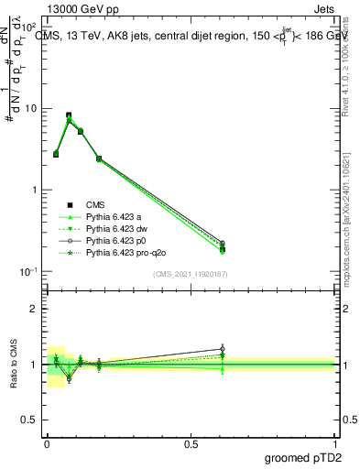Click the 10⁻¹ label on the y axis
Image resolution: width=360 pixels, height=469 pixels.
27,271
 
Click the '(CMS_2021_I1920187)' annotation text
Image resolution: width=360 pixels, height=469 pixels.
191,274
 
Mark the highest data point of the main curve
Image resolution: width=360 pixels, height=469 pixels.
69,115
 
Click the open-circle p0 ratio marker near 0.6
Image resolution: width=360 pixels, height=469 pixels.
223,349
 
